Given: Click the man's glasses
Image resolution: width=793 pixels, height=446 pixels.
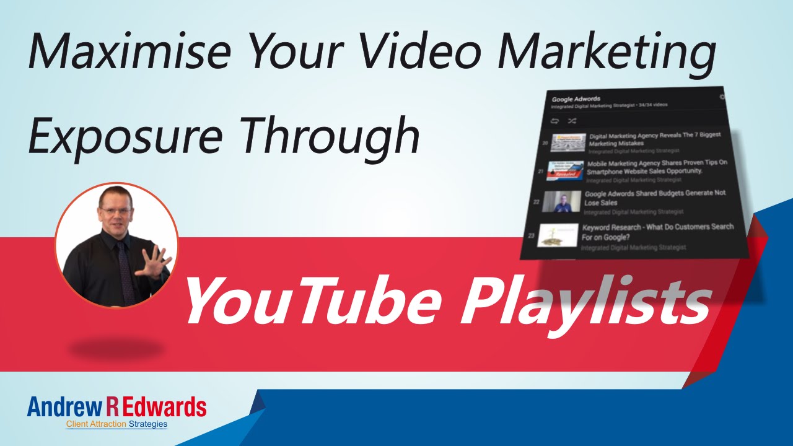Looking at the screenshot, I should pyautogui.click(x=115, y=211).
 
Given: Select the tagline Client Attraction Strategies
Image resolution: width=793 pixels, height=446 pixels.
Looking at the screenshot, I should pyautogui.click(x=116, y=424).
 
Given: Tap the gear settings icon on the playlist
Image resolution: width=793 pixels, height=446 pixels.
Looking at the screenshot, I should pyautogui.click(x=722, y=97).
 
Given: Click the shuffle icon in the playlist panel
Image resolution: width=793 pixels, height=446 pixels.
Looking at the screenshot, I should pyautogui.click(x=571, y=121).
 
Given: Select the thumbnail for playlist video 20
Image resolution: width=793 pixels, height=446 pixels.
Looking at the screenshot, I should pyautogui.click(x=568, y=142).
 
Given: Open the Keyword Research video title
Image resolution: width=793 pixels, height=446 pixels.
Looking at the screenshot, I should pyautogui.click(x=657, y=232).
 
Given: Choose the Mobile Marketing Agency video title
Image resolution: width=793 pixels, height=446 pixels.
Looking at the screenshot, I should pyautogui.click(x=657, y=167).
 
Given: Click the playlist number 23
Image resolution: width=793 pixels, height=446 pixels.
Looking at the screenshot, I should pyautogui.click(x=531, y=235).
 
